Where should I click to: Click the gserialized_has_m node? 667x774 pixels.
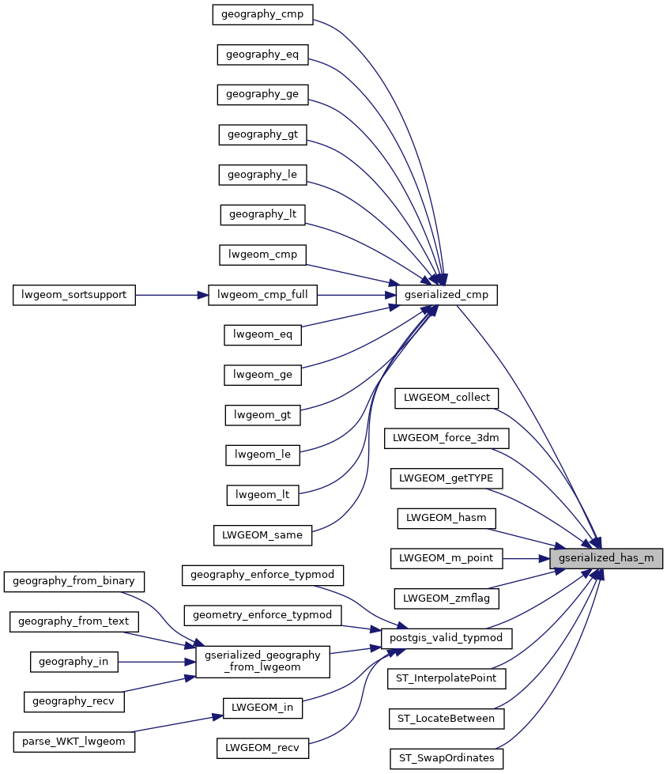pos(606,557)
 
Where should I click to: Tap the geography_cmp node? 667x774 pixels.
pos(263,13)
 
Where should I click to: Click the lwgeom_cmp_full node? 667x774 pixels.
pos(262,295)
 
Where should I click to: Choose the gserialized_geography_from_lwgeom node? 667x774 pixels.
pos(262,661)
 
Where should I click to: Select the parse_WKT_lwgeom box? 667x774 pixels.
pos(74,742)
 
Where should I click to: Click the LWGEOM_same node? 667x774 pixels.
pos(262,534)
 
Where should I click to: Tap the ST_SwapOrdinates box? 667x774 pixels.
pos(447,758)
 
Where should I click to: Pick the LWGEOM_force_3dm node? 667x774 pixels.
pos(447,436)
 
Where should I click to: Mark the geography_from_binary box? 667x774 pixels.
pos(74,580)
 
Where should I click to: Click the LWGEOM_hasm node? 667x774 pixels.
pos(447,518)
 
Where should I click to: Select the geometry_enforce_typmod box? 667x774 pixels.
pos(262,613)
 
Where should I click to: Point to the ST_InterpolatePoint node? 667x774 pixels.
pos(447,678)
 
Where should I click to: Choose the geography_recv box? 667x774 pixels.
pos(74,700)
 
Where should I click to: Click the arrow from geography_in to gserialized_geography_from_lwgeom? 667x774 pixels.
pos(155,661)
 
